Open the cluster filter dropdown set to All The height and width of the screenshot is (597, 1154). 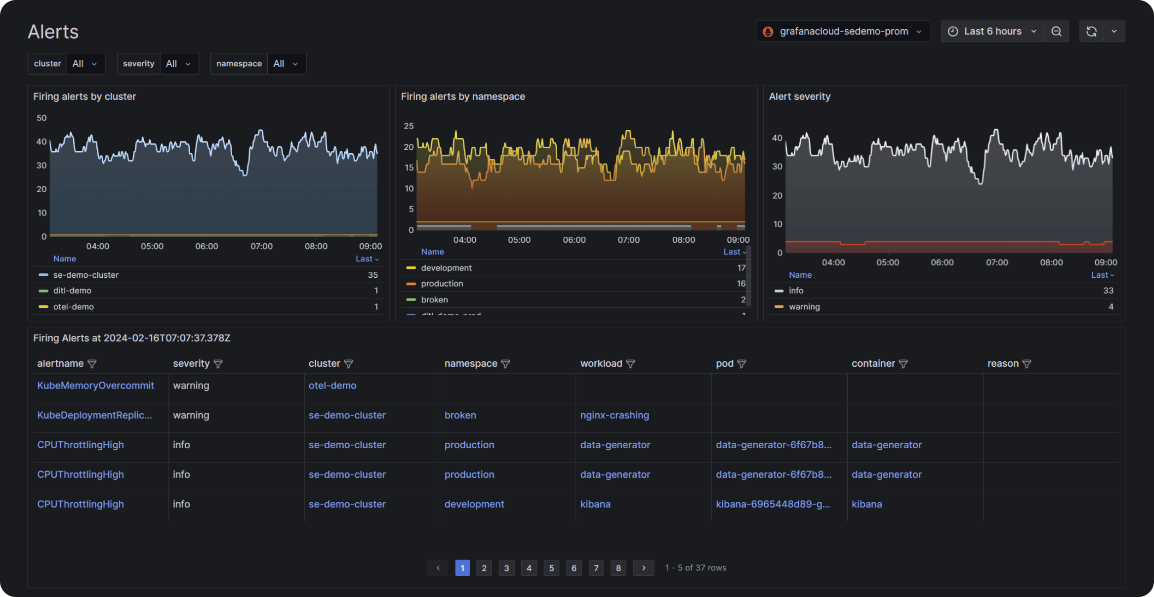click(85, 64)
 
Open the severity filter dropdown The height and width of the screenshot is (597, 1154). click(178, 64)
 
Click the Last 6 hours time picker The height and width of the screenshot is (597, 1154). click(992, 32)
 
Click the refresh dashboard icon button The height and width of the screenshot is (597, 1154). click(1091, 32)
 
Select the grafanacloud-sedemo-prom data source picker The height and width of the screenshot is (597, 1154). click(843, 32)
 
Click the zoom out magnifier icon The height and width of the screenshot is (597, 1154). click(1056, 32)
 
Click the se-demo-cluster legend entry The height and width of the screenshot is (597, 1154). click(85, 275)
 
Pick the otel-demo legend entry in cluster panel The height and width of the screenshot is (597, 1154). click(73, 307)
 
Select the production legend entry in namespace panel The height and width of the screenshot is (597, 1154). click(442, 284)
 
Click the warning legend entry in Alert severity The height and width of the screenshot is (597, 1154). click(804, 307)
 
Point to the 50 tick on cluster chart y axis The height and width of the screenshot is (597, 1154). click(41, 118)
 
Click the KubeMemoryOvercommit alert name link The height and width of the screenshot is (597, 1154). click(95, 385)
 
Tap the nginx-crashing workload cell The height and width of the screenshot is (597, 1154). click(614, 415)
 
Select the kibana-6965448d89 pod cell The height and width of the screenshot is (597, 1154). click(772, 504)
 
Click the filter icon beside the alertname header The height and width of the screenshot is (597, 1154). click(92, 364)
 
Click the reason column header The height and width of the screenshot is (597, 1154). click(1002, 364)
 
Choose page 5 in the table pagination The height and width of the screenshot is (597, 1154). click(551, 568)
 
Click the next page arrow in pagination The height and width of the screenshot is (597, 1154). click(643, 568)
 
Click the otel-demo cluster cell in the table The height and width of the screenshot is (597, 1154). click(332, 385)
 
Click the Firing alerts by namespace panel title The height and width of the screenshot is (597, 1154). click(462, 96)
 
